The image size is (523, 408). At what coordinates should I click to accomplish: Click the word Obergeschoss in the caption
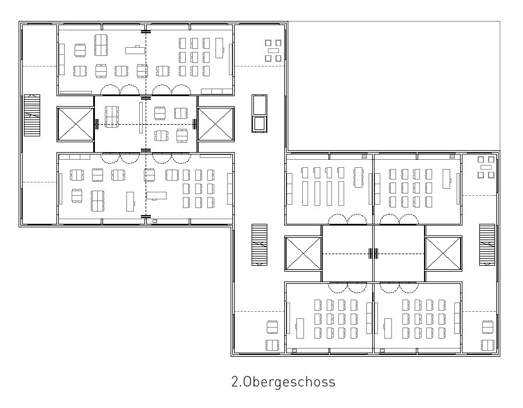pos(289,382)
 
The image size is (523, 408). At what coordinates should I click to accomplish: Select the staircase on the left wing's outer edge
pos(32,115)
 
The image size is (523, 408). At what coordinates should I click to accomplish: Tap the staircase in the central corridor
pos(260,245)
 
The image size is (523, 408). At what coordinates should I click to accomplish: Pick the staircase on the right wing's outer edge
pos(487,245)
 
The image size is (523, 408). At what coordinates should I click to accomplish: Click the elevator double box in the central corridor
pos(260,114)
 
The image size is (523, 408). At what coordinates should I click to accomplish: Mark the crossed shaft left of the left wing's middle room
pos(76,124)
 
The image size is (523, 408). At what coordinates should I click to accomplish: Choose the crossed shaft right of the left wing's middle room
pos(215,124)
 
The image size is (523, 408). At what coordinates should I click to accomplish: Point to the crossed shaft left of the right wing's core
pos(303,254)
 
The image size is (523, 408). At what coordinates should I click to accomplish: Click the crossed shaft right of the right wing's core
pos(443,254)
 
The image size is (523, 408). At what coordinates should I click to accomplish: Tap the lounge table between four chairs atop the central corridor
pos(273,50)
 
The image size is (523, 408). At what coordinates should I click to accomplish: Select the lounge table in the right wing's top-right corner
pos(486,167)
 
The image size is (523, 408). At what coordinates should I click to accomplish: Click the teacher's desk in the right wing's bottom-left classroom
pos(300,328)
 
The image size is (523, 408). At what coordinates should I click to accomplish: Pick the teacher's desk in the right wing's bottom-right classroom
pos(388,328)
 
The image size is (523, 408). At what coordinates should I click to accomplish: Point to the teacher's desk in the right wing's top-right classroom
pos(446,178)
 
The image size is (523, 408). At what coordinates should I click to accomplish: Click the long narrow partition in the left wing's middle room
pos(141,118)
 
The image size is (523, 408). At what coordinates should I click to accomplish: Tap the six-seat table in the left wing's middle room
pos(112,117)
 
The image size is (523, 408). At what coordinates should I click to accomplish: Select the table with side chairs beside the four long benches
pos(358,177)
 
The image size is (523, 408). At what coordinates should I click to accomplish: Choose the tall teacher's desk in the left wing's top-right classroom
pos(219,48)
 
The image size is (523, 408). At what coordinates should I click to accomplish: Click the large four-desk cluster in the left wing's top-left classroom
pos(101,45)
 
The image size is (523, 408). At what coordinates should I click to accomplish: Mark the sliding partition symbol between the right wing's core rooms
pos(373,254)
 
